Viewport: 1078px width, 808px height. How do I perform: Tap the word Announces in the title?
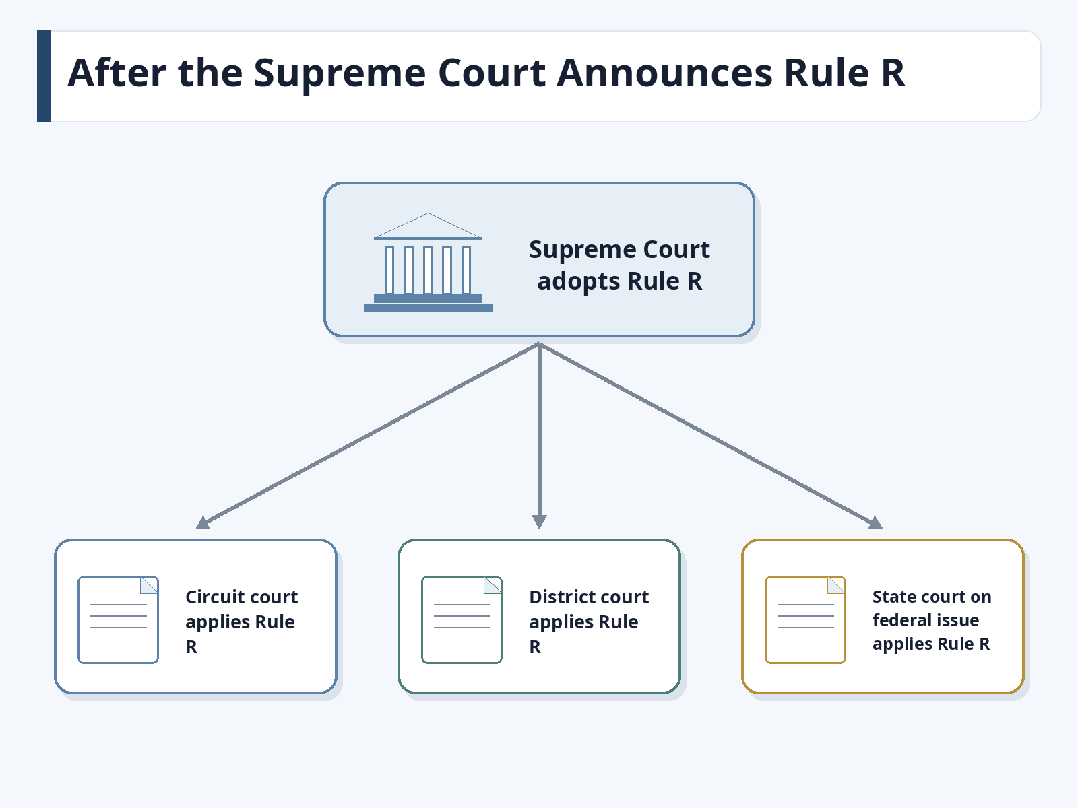click(x=664, y=73)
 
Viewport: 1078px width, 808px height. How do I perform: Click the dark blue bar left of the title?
click(x=44, y=76)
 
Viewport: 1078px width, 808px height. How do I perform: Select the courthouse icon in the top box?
click(x=428, y=263)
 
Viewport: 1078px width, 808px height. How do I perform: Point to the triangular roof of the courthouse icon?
click(x=428, y=226)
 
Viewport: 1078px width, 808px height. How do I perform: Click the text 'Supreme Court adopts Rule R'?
click(x=619, y=265)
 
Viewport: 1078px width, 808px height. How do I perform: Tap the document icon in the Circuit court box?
click(x=119, y=619)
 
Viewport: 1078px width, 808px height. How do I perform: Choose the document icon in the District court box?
click(x=462, y=619)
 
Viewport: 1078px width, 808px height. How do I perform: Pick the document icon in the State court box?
click(x=805, y=619)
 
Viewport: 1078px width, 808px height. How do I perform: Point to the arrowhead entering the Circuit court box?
click(x=202, y=524)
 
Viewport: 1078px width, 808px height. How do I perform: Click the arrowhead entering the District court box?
click(x=539, y=523)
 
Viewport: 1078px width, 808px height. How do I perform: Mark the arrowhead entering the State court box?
click(x=876, y=524)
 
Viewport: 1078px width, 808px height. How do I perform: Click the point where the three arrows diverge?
click(x=539, y=344)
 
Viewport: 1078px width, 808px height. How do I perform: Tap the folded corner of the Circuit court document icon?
click(x=150, y=584)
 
